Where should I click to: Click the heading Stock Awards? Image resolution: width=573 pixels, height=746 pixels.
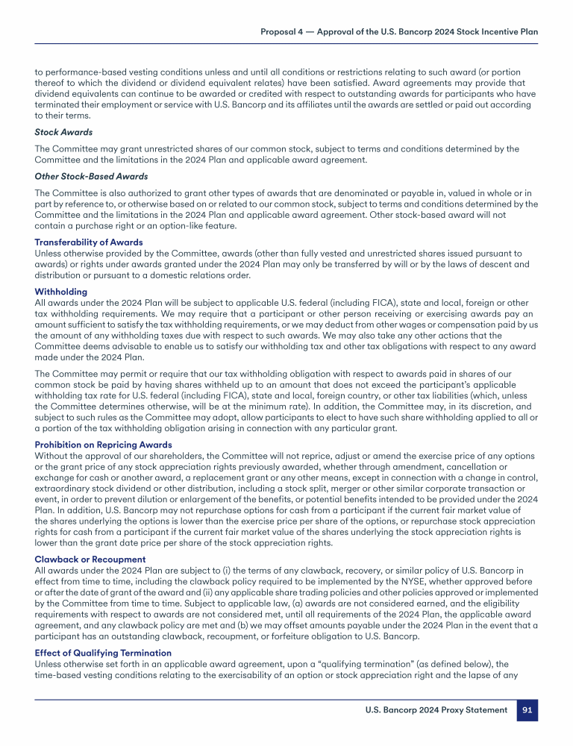pos(63,132)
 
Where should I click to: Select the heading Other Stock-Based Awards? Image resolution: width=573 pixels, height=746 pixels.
pos(91,176)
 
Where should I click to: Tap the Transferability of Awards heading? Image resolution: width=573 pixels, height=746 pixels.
pos(89,242)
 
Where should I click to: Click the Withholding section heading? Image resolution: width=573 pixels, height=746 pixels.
pos(61,292)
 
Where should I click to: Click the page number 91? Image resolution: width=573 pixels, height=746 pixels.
pos(527,709)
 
